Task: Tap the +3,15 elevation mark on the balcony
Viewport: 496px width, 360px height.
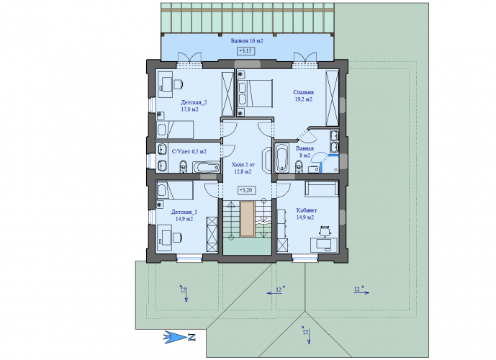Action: tap(246, 50)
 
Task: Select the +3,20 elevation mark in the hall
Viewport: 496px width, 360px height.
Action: tap(246, 190)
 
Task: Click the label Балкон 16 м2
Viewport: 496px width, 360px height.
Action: tap(247, 41)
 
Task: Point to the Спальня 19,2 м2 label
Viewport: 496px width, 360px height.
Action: tap(303, 96)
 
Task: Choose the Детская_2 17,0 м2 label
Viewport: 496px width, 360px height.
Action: tap(194, 106)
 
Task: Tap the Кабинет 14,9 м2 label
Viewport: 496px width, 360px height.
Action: tap(306, 214)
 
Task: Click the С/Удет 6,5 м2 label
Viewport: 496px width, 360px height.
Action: tap(189, 151)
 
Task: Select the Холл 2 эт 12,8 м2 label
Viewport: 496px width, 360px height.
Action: tap(243, 168)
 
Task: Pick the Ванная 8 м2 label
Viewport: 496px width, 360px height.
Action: tap(305, 152)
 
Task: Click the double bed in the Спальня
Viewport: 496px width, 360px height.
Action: tap(256, 94)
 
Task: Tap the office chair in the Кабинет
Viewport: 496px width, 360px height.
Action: tap(325, 231)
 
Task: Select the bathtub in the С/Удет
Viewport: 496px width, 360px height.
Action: tap(206, 167)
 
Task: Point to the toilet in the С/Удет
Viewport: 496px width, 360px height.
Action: tap(183, 167)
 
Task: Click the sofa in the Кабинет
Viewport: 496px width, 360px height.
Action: tap(322, 189)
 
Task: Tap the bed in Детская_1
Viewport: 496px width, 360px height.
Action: tap(175, 191)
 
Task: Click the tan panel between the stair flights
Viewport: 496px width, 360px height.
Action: tap(247, 219)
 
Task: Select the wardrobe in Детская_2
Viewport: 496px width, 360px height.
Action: tap(227, 94)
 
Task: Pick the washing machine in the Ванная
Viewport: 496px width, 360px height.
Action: tap(314, 169)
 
